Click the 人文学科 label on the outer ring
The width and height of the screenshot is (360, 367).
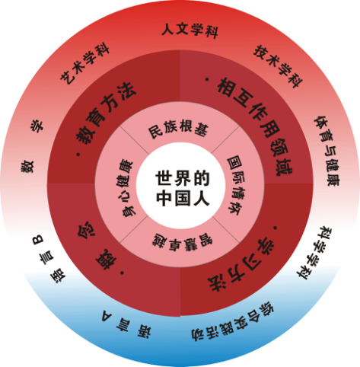190,30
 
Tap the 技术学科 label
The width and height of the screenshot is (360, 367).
279,66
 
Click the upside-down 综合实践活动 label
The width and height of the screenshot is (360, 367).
232,321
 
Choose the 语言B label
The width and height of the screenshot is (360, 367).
49,259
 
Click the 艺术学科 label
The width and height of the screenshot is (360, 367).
84,65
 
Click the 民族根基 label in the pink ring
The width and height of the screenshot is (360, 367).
178,129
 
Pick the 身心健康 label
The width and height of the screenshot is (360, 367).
125,188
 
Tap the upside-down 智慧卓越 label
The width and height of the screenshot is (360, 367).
183,243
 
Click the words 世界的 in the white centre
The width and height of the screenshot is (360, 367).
183,178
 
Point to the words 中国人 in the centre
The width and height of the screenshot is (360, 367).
183,198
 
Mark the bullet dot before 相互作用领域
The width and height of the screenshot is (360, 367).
207,80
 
